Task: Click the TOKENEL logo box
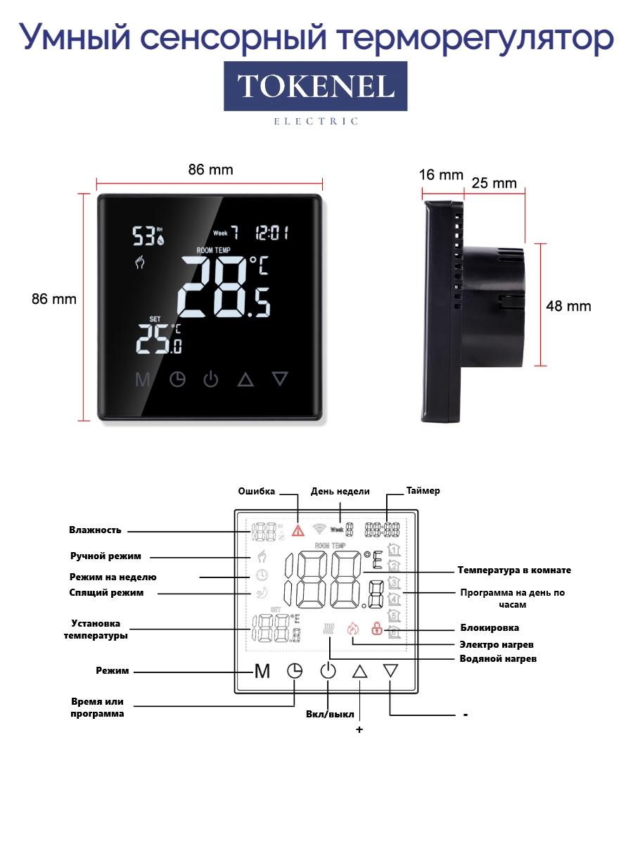[x=315, y=87]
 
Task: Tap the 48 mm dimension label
[x=568, y=306]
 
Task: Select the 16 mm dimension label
[x=441, y=175]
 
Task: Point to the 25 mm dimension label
[x=494, y=184]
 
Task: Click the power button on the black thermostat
[x=211, y=380]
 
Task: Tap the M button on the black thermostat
[x=143, y=380]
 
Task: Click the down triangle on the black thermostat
[x=281, y=379]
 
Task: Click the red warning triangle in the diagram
[x=298, y=531]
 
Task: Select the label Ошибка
[x=256, y=492]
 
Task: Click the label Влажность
[x=95, y=530]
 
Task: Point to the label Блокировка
[x=490, y=627]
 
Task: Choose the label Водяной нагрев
[x=497, y=659]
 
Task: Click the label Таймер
[x=423, y=491]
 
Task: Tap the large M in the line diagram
[x=262, y=672]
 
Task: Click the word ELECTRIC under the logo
[x=316, y=122]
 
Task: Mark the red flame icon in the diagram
[x=352, y=628]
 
